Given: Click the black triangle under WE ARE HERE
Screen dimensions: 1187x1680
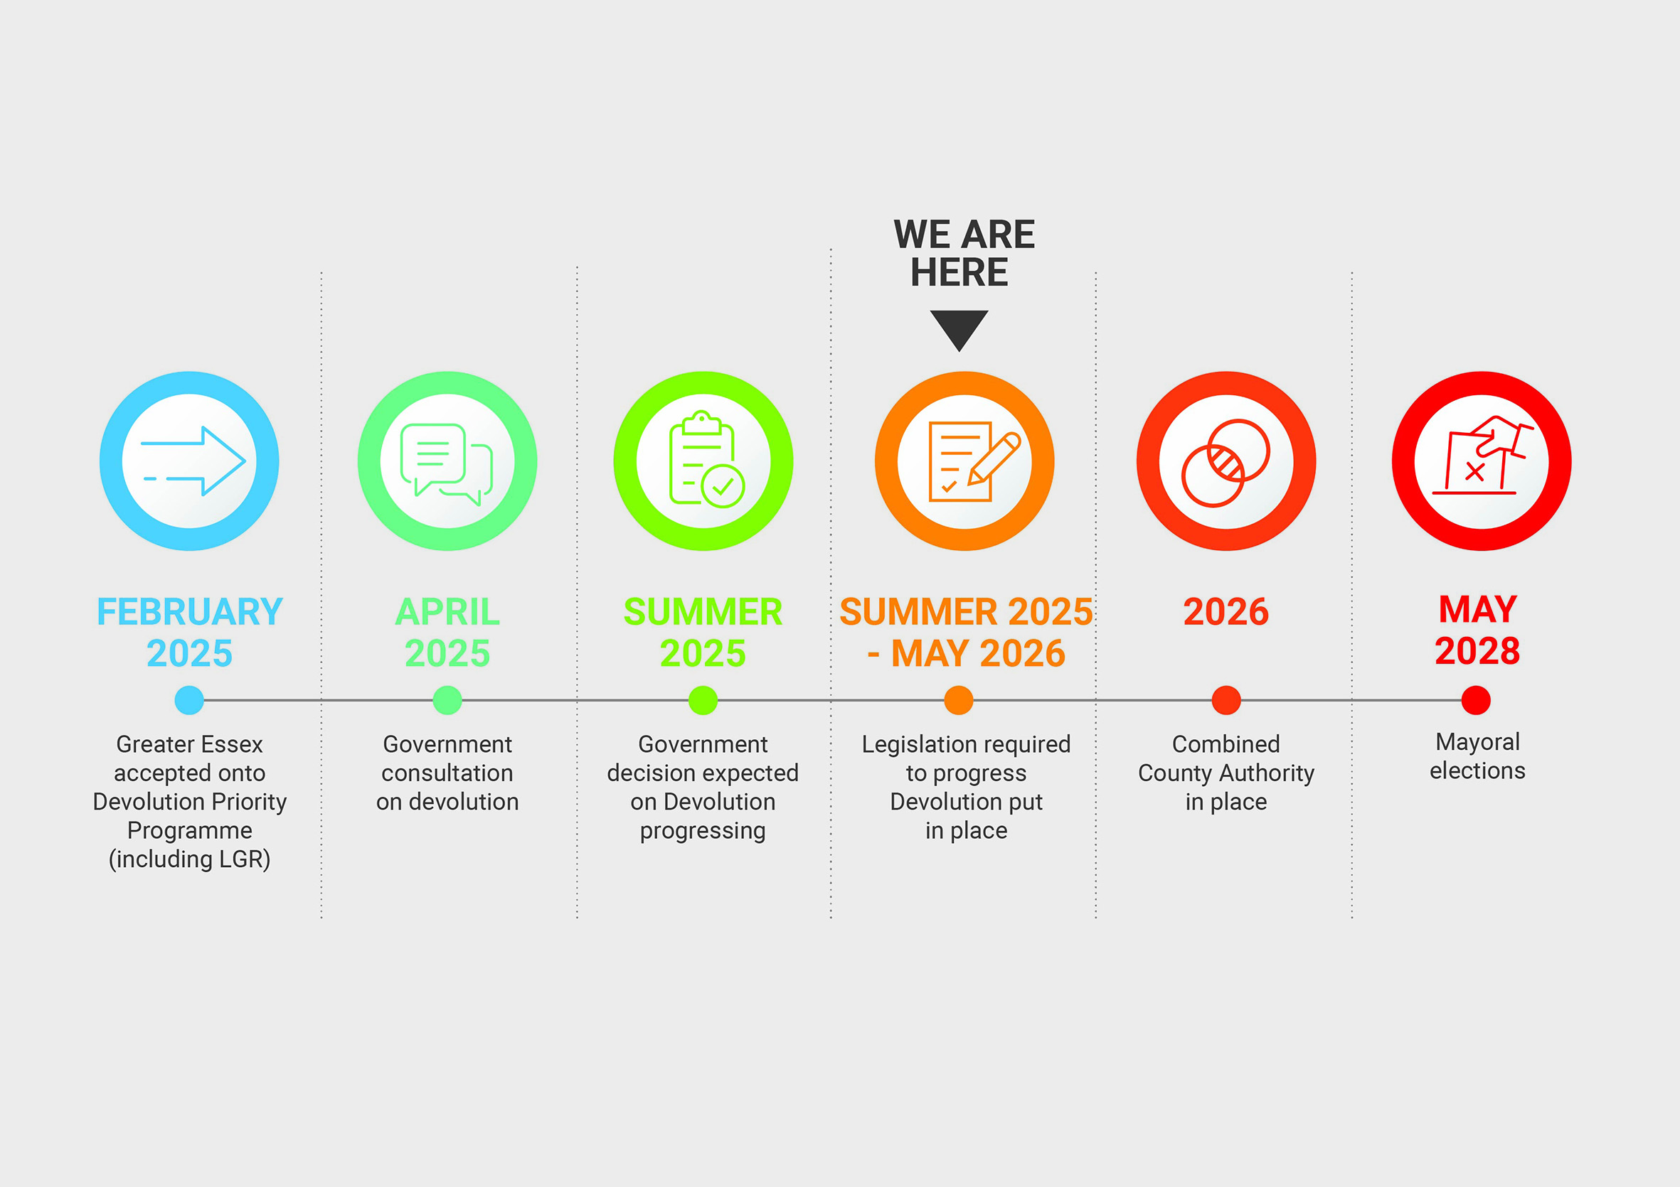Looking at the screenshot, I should [x=959, y=328].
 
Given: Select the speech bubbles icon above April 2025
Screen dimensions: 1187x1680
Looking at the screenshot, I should [x=447, y=461].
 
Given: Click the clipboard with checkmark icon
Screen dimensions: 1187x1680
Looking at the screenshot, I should [x=703, y=461].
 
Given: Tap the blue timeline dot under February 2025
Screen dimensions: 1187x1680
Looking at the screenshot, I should [x=189, y=700].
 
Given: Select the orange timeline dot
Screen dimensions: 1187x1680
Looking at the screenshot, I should [x=959, y=700].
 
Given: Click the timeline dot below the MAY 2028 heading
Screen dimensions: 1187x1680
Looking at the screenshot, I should [x=1476, y=700].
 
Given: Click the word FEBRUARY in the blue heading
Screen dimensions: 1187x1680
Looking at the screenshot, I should [x=189, y=612].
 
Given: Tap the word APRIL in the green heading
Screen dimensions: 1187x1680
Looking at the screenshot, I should [x=447, y=612].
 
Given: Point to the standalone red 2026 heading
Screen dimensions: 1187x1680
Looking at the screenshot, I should [x=1226, y=612].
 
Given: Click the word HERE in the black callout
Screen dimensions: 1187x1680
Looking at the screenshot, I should [x=959, y=273].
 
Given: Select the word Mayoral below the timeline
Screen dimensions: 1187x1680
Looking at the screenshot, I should [x=1477, y=742].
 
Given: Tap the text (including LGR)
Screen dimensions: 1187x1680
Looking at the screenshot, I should [x=189, y=859].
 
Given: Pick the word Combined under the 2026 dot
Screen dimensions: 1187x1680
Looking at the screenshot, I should [x=1226, y=744].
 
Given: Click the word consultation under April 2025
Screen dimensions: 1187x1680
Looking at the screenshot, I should [x=447, y=773].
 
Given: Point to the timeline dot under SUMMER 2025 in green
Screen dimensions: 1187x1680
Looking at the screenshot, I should [x=703, y=700].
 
